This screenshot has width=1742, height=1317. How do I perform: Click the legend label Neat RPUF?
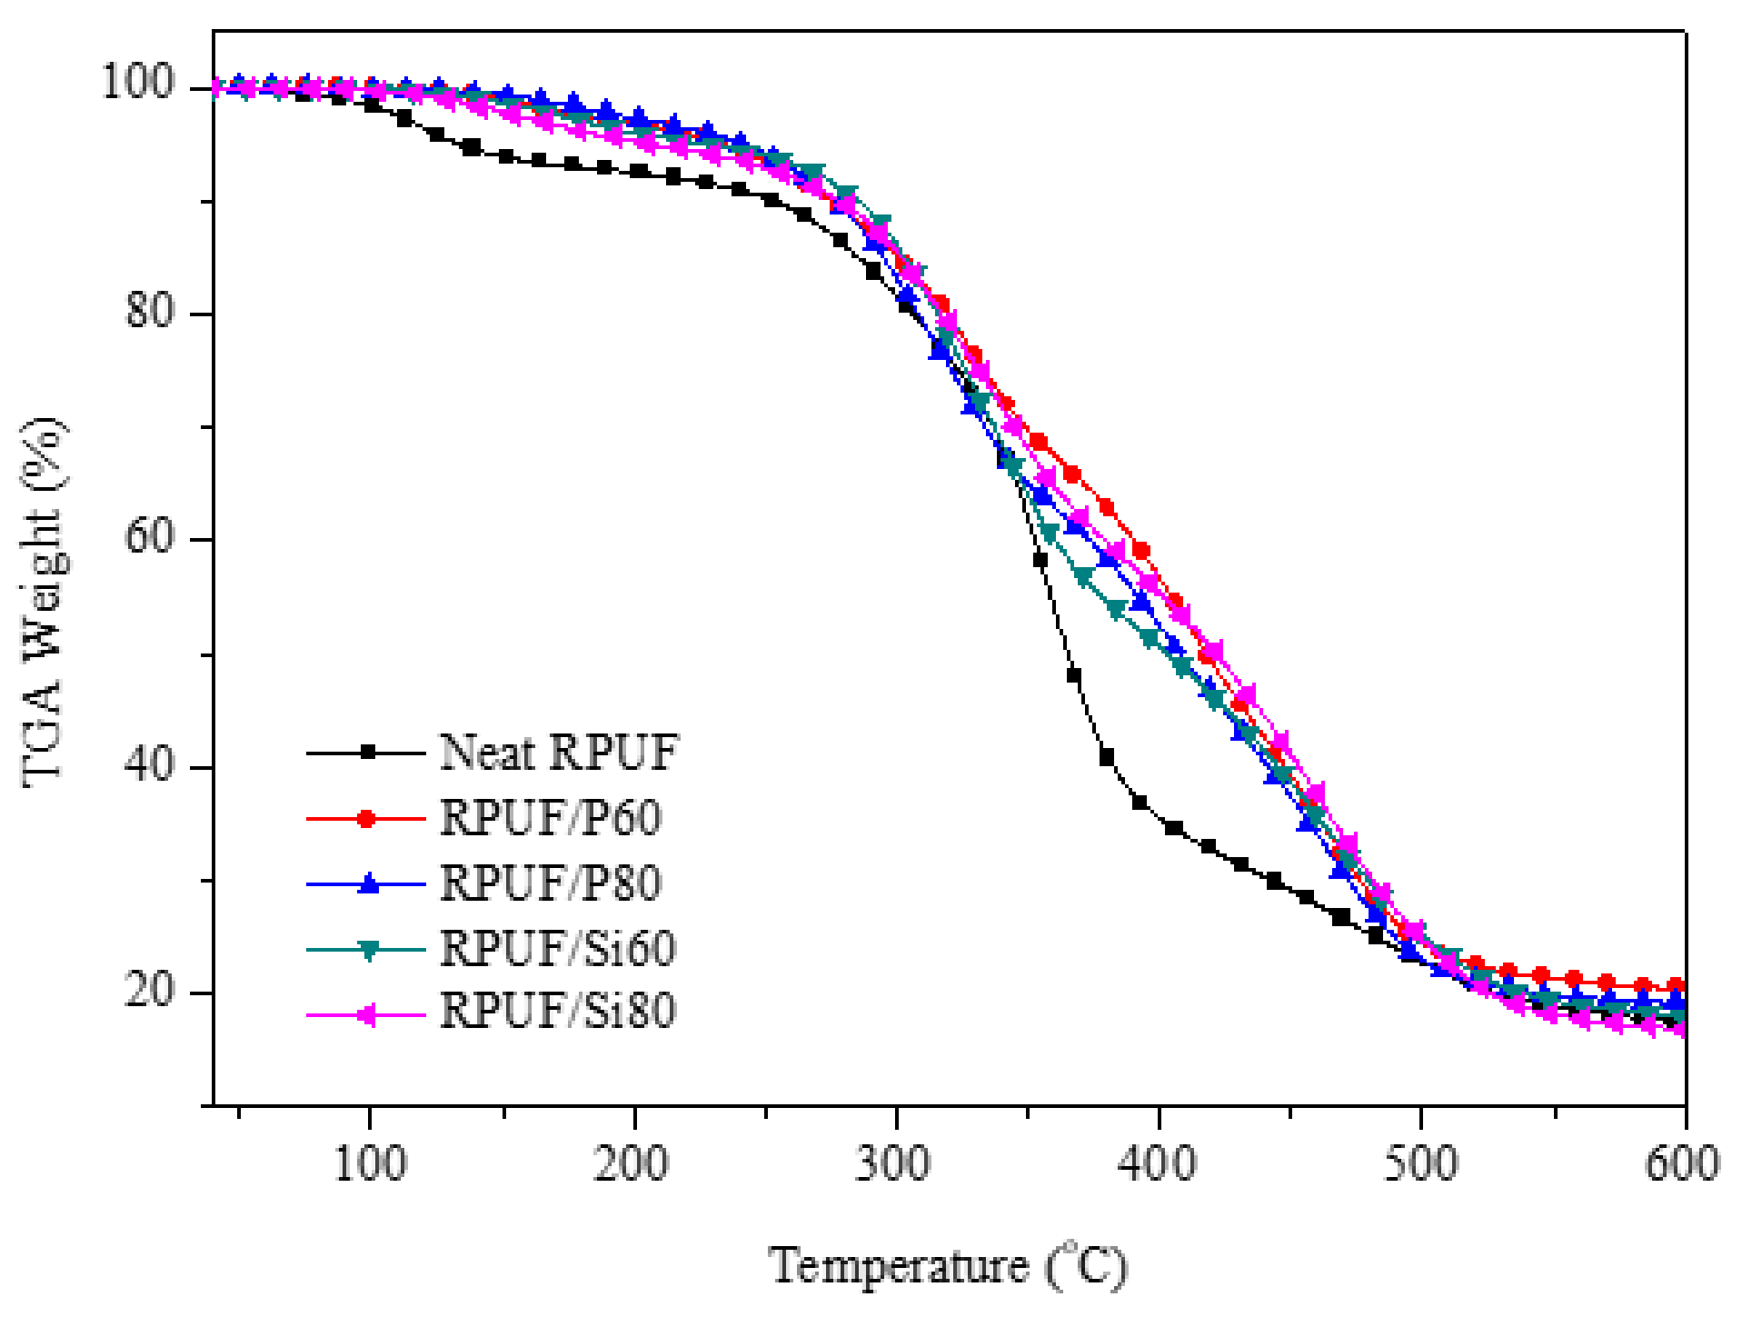[x=559, y=753]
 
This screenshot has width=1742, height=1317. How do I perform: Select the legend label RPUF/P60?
[x=551, y=818]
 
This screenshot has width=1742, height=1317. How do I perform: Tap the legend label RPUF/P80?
[x=551, y=883]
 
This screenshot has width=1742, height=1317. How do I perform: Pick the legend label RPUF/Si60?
[x=558, y=949]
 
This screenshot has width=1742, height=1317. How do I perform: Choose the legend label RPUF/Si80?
[x=558, y=1011]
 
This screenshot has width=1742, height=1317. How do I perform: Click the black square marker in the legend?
[x=368, y=753]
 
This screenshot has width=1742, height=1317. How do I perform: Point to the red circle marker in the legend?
[x=367, y=819]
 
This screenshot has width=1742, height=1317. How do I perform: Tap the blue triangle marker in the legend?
[x=368, y=883]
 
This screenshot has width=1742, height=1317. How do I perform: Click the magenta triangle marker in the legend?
[x=367, y=1015]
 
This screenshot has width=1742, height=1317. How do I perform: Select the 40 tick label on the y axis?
[x=150, y=763]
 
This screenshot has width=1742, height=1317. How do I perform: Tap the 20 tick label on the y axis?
[x=150, y=989]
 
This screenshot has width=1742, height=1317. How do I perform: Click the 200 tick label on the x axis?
[x=632, y=1163]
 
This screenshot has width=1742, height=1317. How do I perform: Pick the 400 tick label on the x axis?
[x=1158, y=1163]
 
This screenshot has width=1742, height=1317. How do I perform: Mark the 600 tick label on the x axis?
[x=1682, y=1163]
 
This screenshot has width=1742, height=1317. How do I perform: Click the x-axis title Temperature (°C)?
[x=948, y=1266]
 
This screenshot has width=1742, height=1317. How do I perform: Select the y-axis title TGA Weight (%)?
[x=43, y=602]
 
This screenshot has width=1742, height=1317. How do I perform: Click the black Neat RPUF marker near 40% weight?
[x=1107, y=757]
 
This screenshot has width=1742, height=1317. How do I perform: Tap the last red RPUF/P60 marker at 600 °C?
[x=1677, y=986]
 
